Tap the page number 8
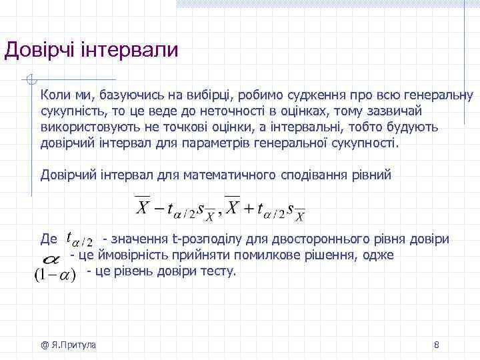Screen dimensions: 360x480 (x=436, y=345)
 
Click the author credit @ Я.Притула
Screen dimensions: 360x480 (x=68, y=345)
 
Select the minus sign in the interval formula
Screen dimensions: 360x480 (x=159, y=208)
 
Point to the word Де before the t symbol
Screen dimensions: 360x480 (x=49, y=239)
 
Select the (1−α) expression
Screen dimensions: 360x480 (x=54, y=273)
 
